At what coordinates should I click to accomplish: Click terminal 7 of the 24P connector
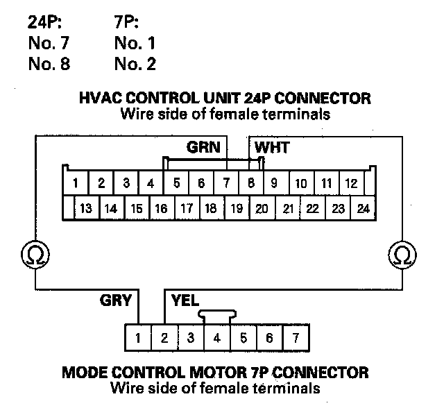click(226, 184)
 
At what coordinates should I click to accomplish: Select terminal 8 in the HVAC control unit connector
click(251, 184)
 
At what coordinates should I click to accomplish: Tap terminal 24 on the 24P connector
click(363, 208)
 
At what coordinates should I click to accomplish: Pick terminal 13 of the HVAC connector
click(87, 208)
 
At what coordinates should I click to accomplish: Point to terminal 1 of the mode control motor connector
click(139, 339)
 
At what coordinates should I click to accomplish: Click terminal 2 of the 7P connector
click(165, 339)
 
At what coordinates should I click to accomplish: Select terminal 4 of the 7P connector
click(217, 339)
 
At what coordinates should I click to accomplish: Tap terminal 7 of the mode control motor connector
click(296, 339)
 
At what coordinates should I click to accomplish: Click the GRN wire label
click(203, 147)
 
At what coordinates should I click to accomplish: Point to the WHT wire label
click(272, 147)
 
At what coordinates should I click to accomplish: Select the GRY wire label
click(116, 300)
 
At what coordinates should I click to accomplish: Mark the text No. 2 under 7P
click(135, 65)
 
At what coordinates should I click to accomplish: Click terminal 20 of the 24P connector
click(262, 208)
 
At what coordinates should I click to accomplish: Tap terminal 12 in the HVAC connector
click(352, 184)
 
